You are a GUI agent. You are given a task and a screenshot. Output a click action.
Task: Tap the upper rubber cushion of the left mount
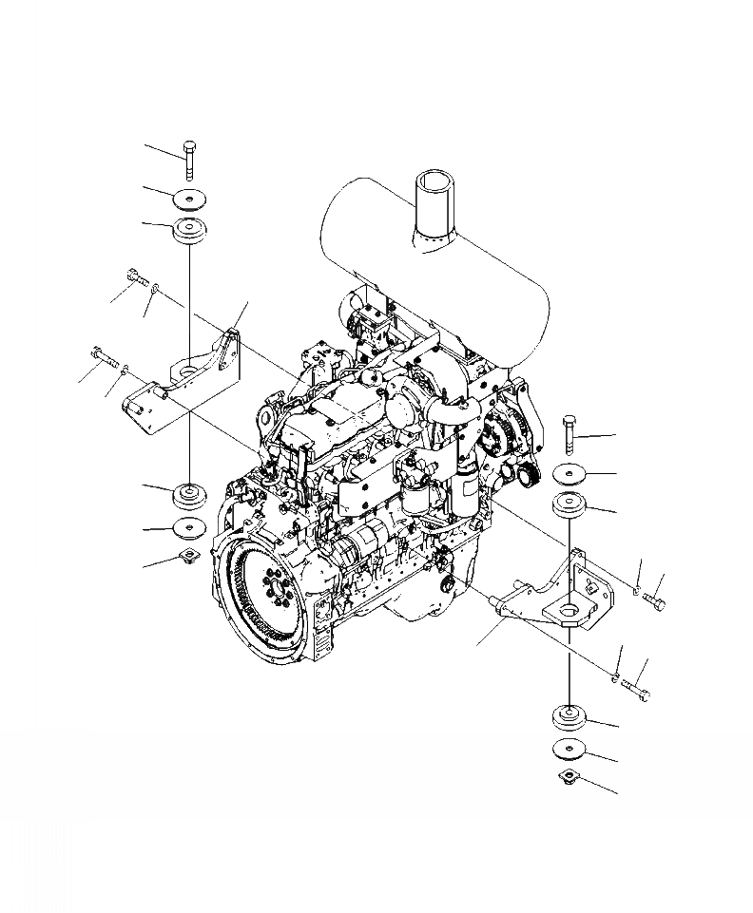tap(190, 231)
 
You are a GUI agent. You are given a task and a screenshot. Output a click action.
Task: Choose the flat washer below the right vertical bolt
tap(570, 472)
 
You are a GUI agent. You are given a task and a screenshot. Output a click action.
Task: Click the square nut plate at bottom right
tap(569, 780)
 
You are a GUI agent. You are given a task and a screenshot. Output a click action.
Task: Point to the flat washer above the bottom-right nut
tap(569, 750)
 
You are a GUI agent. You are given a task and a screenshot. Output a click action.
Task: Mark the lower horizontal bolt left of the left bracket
tap(104, 358)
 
